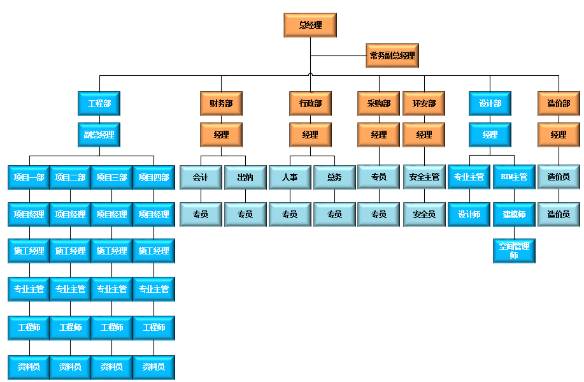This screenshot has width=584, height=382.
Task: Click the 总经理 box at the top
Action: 310,26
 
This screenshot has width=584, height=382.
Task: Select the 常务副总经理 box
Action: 392,56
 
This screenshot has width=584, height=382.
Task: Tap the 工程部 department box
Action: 99,103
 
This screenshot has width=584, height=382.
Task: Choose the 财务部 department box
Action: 221,103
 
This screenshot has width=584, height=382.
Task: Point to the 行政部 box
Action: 310,103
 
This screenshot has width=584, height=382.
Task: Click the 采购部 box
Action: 379,103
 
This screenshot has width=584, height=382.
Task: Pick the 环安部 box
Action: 424,103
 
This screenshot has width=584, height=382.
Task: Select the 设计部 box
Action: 490,103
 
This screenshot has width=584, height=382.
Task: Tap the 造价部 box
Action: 559,103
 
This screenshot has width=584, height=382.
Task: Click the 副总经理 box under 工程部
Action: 99,135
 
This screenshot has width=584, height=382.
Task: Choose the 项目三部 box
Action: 112,177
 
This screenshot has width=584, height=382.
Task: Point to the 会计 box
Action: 201,177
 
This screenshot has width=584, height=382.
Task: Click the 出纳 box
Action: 245,177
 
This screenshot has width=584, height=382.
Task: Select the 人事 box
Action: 290,177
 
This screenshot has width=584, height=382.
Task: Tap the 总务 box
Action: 334,177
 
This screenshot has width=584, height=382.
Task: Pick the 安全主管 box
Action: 424,177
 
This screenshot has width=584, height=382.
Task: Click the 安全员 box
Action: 424,214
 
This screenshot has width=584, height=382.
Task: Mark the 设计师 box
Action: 469,214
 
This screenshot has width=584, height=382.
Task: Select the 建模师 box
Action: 514,214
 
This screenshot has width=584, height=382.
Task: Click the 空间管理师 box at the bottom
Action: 514,251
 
